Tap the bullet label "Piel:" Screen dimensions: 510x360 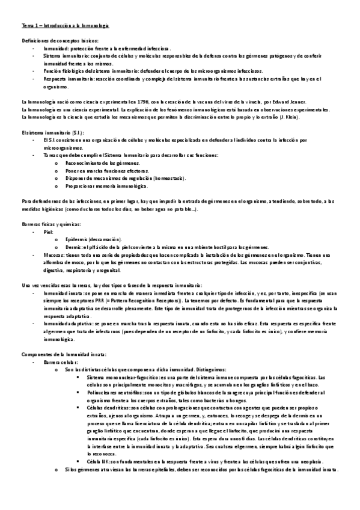(49, 231)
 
